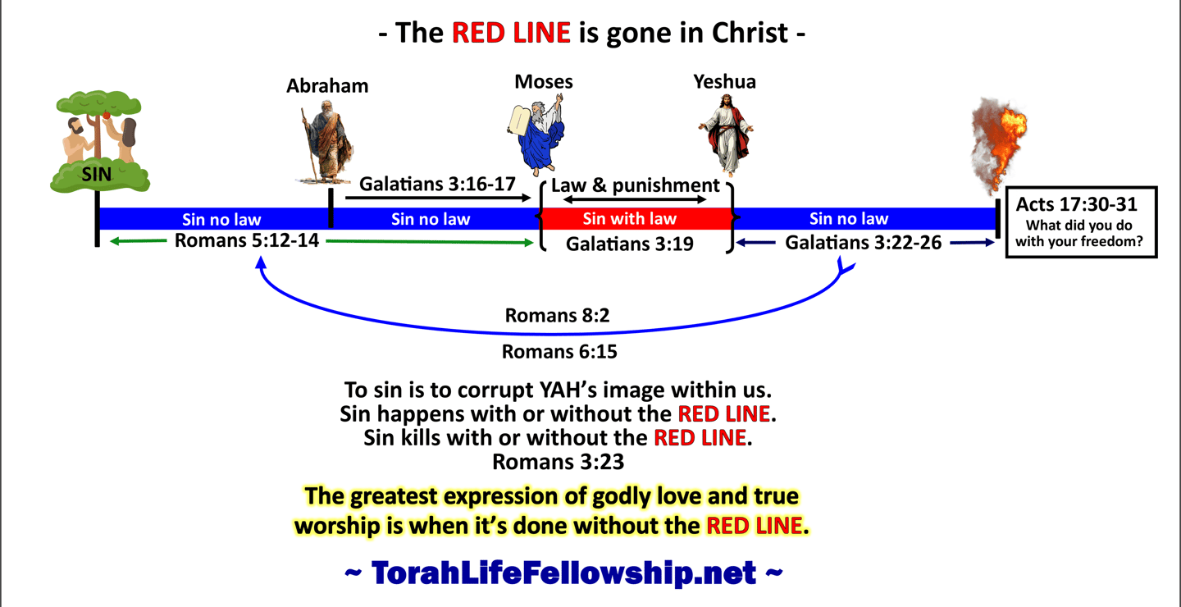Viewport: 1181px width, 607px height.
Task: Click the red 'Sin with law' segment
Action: click(x=636, y=218)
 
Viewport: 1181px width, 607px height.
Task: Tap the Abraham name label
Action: click(x=327, y=86)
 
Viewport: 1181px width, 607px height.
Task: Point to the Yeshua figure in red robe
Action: click(x=727, y=135)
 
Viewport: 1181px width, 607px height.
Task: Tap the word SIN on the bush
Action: click(x=97, y=174)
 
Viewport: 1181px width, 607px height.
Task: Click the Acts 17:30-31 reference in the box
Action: click(x=1077, y=204)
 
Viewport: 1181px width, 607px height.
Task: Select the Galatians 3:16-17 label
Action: click(x=437, y=184)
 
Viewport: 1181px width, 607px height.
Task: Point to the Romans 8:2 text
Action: click(x=558, y=315)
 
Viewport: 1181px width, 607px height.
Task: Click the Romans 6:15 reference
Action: click(x=559, y=352)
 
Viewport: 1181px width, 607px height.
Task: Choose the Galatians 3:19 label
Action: click(x=630, y=244)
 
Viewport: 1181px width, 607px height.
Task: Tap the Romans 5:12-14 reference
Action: click(x=247, y=240)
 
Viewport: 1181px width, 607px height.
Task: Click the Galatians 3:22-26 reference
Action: click(x=863, y=243)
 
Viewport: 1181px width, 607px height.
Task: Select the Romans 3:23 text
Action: click(x=559, y=462)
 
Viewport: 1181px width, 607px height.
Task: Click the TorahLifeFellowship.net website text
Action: click(x=563, y=573)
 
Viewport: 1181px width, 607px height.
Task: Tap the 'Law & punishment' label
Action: click(x=636, y=185)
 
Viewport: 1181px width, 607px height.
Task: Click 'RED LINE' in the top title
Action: click(x=511, y=33)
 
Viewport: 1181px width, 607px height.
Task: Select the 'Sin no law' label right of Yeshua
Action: click(x=849, y=218)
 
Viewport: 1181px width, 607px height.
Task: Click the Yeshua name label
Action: click(x=724, y=82)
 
